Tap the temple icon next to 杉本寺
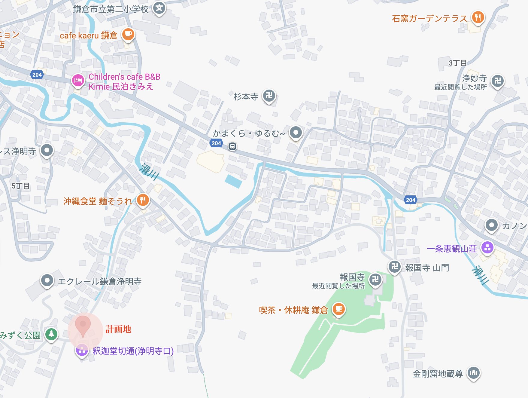[269, 96]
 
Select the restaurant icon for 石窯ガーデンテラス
[478, 17]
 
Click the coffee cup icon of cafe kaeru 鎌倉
[128, 34]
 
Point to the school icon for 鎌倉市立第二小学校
[159, 8]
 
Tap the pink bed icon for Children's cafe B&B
[78, 81]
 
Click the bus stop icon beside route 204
[232, 146]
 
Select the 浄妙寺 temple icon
[497, 81]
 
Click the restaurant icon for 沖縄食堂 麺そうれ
[143, 200]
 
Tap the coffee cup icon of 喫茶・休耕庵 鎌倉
[339, 309]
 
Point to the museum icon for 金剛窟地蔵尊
[474, 373]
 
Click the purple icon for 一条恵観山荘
[487, 248]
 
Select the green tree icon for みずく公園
[51, 334]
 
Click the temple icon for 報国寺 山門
[394, 267]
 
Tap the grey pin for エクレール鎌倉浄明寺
[47, 281]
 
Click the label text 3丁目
[457, 63]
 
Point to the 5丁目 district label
[20, 186]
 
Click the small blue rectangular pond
[233, 181]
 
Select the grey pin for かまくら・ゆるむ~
[296, 132]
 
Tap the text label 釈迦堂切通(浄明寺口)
[133, 351]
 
